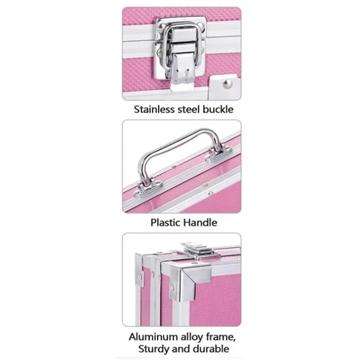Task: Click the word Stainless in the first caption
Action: point(154,109)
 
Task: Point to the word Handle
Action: point(201,223)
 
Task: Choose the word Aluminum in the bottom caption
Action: point(153,337)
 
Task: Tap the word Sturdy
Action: point(153,349)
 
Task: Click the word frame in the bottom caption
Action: point(221,337)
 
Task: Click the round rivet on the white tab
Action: point(227,83)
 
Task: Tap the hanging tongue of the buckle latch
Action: point(183,73)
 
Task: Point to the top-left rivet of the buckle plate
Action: point(161,28)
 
